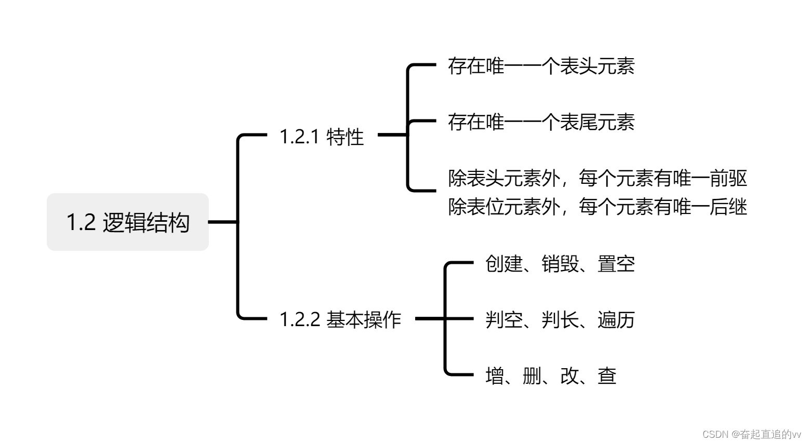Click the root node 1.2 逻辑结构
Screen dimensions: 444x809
click(128, 222)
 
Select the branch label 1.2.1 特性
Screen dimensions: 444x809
click(322, 137)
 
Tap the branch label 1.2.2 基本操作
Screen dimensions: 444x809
click(340, 319)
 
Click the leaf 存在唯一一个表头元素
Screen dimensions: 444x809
click(541, 66)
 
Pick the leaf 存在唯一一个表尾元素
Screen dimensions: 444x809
click(541, 122)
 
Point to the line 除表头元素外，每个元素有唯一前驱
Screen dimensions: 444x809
click(598, 178)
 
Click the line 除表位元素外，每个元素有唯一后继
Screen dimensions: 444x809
click(598, 207)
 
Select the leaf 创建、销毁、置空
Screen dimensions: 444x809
click(560, 264)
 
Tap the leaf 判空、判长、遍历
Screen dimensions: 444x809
click(560, 319)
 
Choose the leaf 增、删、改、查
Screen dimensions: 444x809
click(551, 375)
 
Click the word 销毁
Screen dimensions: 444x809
click(560, 264)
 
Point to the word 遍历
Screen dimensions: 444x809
click(616, 319)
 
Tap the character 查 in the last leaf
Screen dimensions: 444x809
click(607, 375)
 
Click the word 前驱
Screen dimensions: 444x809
click(728, 178)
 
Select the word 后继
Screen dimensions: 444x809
click(728, 207)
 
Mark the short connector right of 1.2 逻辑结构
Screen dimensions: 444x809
click(223, 222)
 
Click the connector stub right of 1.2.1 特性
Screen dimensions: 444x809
click(392, 135)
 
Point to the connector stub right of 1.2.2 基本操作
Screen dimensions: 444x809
click(430, 318)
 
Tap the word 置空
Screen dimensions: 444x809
click(616, 264)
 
